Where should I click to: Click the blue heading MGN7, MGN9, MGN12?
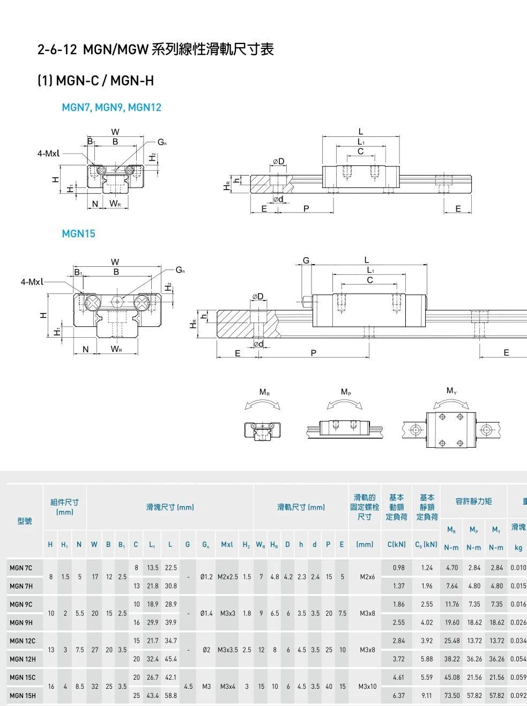click(x=112, y=107)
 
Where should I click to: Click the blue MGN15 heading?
click(x=78, y=234)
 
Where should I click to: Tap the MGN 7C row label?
click(x=21, y=567)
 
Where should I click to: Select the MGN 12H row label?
click(x=23, y=659)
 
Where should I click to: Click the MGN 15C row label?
click(x=23, y=677)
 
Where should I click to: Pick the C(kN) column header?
click(x=396, y=544)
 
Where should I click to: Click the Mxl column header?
click(x=227, y=544)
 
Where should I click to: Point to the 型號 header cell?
click(x=25, y=521)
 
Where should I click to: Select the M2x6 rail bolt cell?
click(x=367, y=577)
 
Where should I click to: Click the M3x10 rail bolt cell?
click(x=367, y=686)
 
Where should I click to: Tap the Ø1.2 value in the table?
click(x=206, y=577)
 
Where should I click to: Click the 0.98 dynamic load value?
click(x=398, y=567)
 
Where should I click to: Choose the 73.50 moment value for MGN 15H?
click(x=452, y=695)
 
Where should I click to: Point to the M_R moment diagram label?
click(x=264, y=392)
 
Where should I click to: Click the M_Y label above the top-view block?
click(x=451, y=391)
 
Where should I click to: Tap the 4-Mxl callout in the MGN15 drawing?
click(x=32, y=282)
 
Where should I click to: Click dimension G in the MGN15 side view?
click(x=306, y=260)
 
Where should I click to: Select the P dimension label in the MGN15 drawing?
click(x=314, y=353)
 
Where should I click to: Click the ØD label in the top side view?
click(x=279, y=162)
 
